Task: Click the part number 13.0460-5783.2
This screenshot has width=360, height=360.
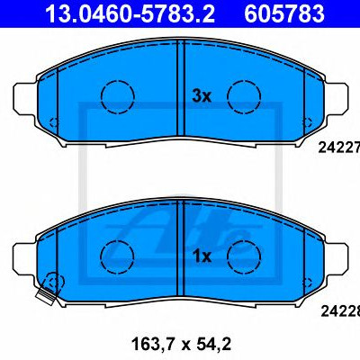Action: click(x=130, y=13)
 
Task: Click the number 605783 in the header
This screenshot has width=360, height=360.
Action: click(x=284, y=13)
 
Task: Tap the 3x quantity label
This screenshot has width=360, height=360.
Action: click(x=202, y=96)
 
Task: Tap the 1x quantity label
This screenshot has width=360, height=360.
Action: click(x=202, y=256)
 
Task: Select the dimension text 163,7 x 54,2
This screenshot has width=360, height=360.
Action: click(x=181, y=344)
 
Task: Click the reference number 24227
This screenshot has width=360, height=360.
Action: click(x=339, y=148)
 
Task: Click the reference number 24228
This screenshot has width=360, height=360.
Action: click(x=340, y=311)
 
